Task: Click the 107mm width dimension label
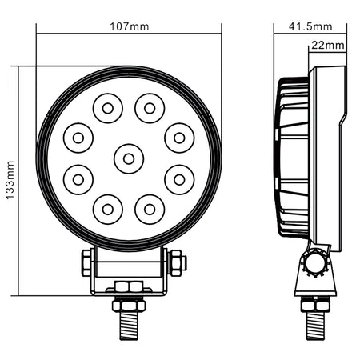pyautogui.click(x=130, y=26)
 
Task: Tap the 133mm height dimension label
pyautogui.click(x=10, y=180)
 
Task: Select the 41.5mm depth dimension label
pyautogui.click(x=310, y=26)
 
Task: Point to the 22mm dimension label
pyautogui.click(x=328, y=46)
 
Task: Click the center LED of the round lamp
pyautogui.click(x=129, y=159)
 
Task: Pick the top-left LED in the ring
pyautogui.click(x=108, y=108)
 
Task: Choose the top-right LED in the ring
pyautogui.click(x=150, y=108)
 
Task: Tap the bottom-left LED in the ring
pyautogui.click(x=108, y=210)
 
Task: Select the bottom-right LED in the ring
pyautogui.click(x=150, y=210)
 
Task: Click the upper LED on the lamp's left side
pyautogui.click(x=78, y=138)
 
